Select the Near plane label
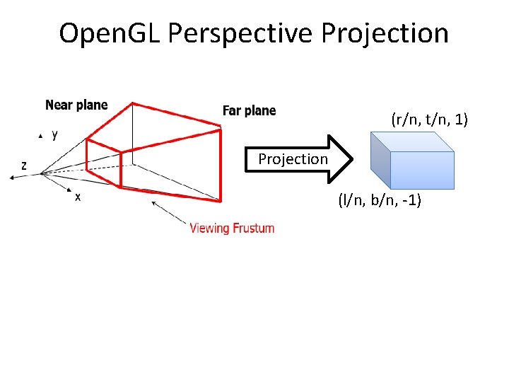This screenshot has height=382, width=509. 76,105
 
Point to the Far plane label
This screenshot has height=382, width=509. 249,110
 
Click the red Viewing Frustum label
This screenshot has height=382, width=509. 232,228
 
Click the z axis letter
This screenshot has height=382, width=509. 24,166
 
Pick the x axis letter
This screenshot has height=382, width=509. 78,197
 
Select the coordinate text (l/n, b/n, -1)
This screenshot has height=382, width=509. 380,202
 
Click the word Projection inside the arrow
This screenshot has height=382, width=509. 293,159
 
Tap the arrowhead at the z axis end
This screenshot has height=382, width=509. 11,178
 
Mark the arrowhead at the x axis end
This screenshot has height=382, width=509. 69,190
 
